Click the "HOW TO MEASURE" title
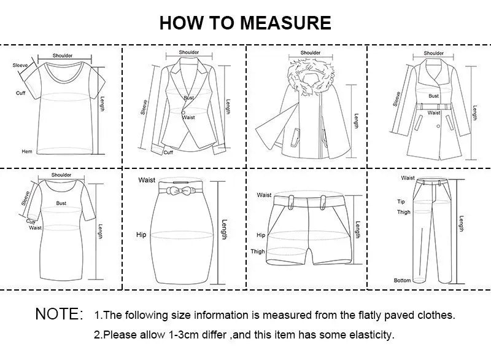click(x=245, y=23)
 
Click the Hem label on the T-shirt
click(x=26, y=151)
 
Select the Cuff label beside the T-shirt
click(x=20, y=93)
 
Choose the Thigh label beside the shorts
click(x=258, y=251)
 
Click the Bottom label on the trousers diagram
click(x=402, y=280)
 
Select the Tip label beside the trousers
click(x=401, y=202)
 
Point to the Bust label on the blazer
click(x=188, y=98)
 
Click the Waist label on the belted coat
click(x=434, y=113)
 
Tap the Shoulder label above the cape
click(x=311, y=53)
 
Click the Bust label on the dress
click(x=61, y=202)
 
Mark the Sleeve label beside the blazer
click(x=144, y=107)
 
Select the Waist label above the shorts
click(x=265, y=195)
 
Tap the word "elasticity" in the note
click(x=370, y=335)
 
